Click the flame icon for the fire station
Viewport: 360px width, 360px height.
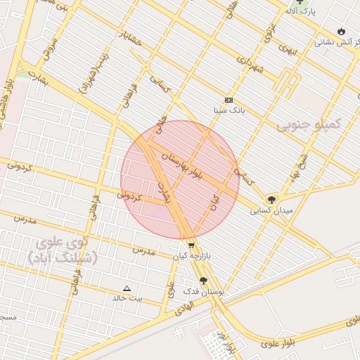point(341,32)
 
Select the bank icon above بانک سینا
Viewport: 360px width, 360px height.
point(229,101)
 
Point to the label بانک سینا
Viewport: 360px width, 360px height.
point(230,111)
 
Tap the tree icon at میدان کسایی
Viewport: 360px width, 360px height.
point(271,200)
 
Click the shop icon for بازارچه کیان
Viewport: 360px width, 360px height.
point(191,245)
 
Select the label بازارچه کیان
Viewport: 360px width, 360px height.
point(192,257)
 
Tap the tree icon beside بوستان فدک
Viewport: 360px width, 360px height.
point(204,281)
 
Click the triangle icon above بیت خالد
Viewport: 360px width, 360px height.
point(127,288)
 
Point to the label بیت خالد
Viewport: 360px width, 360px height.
point(127,298)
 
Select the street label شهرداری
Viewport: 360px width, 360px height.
point(250,70)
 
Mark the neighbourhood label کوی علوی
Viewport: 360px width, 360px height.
point(64,242)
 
